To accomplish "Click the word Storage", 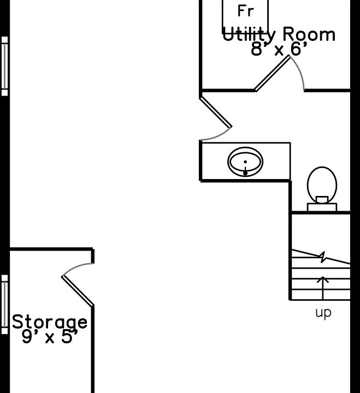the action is click(x=50, y=322).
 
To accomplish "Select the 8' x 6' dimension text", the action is click(x=279, y=49).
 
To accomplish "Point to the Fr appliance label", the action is click(x=246, y=11).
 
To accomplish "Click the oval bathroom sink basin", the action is click(x=245, y=162).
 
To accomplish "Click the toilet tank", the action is click(x=322, y=207).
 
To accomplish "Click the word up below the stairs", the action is click(x=323, y=313).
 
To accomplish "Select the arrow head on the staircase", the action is click(x=323, y=279).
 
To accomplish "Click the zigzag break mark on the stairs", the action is click(x=323, y=257).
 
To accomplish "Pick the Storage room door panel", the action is click(x=78, y=291).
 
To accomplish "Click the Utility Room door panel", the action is click(x=273, y=74).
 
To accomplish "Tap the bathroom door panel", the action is click(x=215, y=112).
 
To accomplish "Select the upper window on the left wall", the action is click(x=4, y=66).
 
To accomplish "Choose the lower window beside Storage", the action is click(x=4, y=304).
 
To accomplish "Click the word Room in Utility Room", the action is click(x=309, y=34).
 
